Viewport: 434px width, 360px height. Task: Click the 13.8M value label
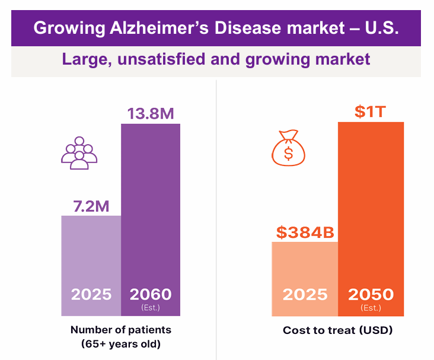(151, 113)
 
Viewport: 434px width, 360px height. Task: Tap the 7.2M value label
(91, 206)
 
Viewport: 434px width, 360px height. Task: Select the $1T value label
(371, 111)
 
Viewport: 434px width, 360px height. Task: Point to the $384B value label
(305, 232)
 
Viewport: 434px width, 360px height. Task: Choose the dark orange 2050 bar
(371, 202)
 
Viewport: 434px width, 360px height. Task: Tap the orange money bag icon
(288, 148)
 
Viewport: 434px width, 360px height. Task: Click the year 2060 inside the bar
(151, 294)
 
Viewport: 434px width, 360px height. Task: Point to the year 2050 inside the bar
(371, 295)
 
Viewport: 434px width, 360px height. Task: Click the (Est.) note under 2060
(151, 307)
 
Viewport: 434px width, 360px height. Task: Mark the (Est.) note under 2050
(371, 308)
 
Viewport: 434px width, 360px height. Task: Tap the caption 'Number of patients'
(120, 330)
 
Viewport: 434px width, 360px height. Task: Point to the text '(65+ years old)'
(120, 343)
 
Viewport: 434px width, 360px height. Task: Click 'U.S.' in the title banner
(380, 28)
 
